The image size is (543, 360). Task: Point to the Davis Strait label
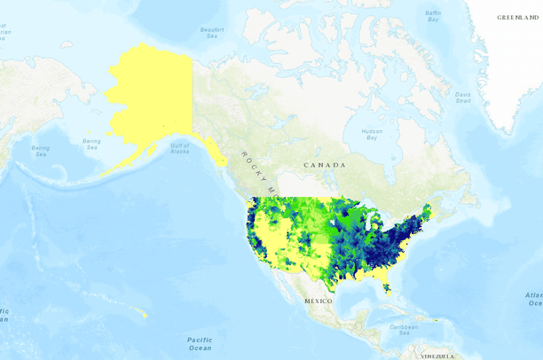pos(463,98)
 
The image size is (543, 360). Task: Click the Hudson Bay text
pos(371,134)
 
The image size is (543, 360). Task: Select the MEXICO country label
pos(318,301)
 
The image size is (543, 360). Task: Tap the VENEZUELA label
pos(437,356)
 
